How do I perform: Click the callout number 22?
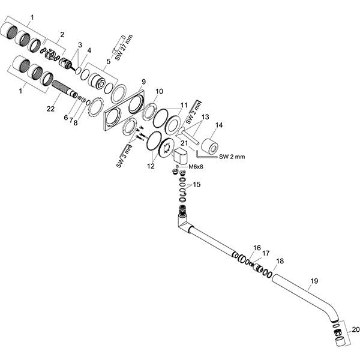pos(52,109)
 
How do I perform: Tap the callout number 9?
pos(143,82)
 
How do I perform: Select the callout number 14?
pos(219,125)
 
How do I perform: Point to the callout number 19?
pos(314,280)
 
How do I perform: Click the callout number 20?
pos(355,329)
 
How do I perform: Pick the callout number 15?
pos(197,184)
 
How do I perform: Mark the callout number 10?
pos(159,92)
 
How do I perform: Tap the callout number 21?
pos(184,143)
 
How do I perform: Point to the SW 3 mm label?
pos(122,155)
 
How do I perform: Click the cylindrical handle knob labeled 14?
pos(210,145)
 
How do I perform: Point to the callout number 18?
pos(280,262)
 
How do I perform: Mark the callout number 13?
pos(205,116)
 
